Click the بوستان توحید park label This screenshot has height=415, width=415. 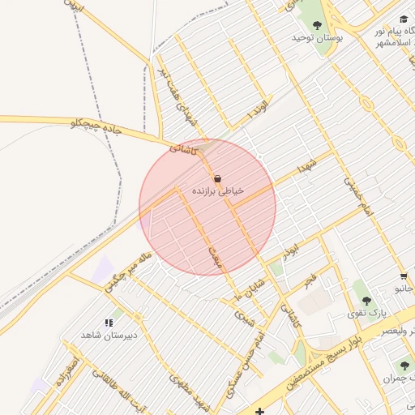(x=318, y=38)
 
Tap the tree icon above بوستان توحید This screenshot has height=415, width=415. (x=317, y=25)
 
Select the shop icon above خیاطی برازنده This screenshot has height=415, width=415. (x=217, y=178)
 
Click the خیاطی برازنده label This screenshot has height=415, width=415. (x=217, y=190)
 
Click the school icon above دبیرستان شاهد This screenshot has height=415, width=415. (x=109, y=323)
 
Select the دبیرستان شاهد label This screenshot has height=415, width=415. (x=109, y=335)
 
